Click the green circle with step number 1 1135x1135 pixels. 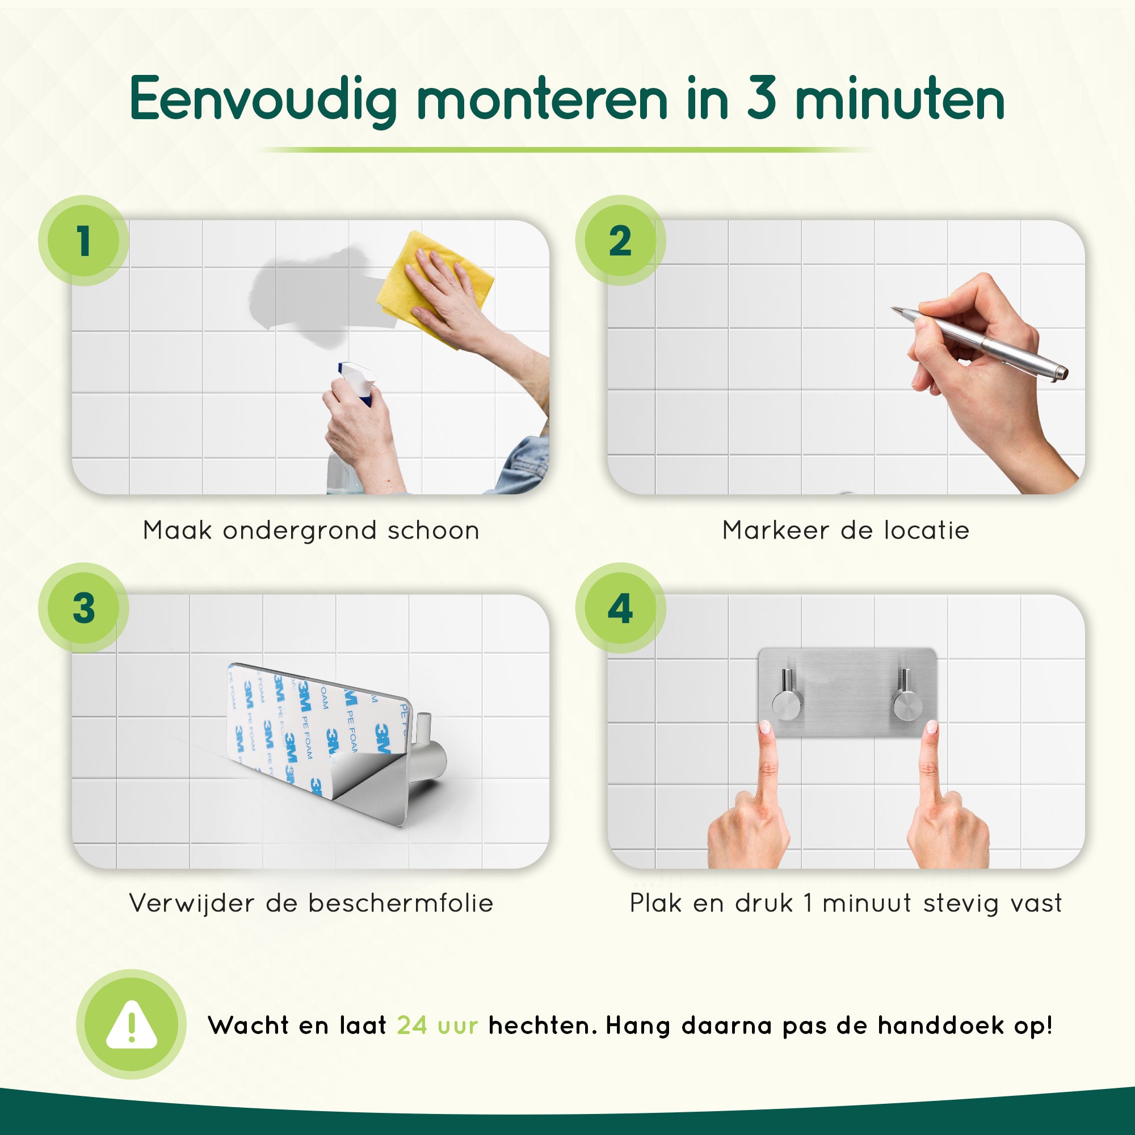[83, 241]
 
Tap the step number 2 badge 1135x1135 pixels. [620, 241]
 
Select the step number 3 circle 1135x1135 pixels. [83, 607]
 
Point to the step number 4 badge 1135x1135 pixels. [620, 607]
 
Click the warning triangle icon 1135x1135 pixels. [132, 1024]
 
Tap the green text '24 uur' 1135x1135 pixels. [437, 1025]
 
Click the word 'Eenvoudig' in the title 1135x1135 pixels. [264, 100]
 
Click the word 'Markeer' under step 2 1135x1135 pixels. [775, 531]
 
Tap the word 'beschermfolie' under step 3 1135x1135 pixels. [401, 903]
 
